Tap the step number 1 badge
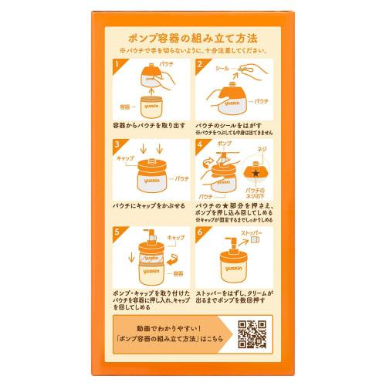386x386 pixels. point(118,66)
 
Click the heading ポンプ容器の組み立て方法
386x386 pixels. point(193,37)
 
